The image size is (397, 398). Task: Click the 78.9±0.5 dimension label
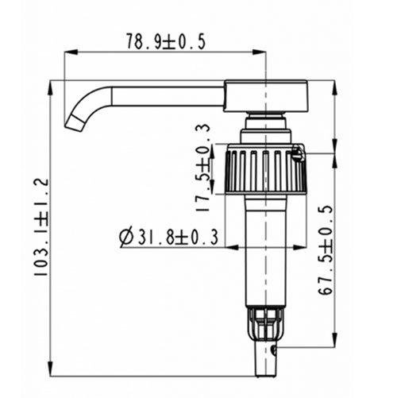pyautogui.click(x=166, y=41)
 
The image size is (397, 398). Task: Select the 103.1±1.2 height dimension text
pyautogui.click(x=41, y=227)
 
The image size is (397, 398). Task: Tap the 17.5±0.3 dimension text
pyautogui.click(x=203, y=168)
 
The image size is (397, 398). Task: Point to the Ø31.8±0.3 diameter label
pyautogui.click(x=168, y=237)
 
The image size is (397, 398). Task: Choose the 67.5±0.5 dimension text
pyautogui.click(x=326, y=249)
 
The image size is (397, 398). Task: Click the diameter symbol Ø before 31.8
pyautogui.click(x=126, y=237)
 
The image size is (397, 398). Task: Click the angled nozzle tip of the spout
pyautogui.click(x=75, y=122)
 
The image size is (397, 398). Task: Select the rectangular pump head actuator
pyautogui.click(x=266, y=96)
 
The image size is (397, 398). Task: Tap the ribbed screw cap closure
pyautogui.click(x=266, y=169)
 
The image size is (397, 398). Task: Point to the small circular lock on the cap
pyautogui.click(x=298, y=153)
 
